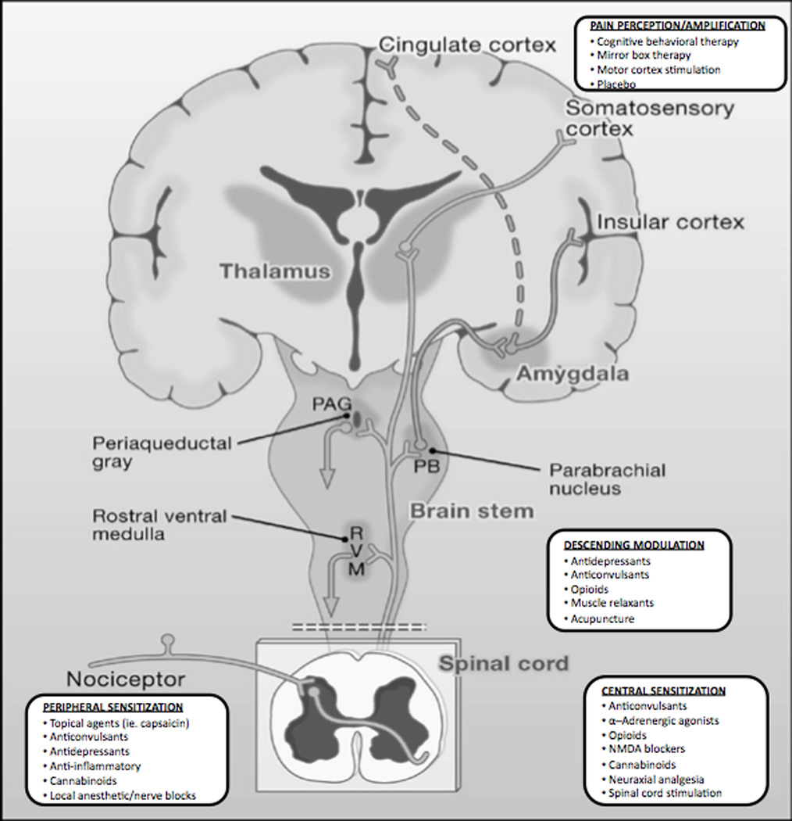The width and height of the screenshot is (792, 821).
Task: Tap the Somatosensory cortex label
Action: click(650, 118)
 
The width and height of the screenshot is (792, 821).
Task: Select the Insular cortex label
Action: click(670, 222)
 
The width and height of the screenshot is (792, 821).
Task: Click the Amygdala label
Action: click(573, 374)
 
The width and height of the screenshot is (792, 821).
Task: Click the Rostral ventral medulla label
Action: click(160, 525)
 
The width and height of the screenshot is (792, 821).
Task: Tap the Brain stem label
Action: click(472, 511)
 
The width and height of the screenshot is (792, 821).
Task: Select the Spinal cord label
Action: click(503, 664)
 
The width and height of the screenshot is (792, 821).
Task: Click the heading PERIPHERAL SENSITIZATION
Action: click(113, 706)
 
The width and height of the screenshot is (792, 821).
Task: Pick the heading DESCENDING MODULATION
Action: click(633, 544)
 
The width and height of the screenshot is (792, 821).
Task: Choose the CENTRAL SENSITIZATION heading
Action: click(663, 690)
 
